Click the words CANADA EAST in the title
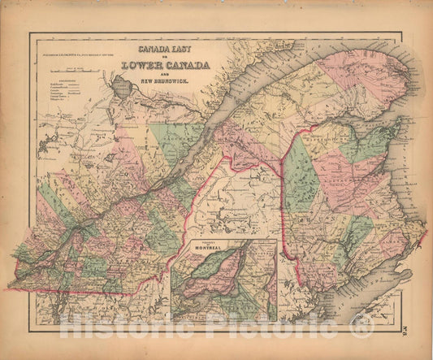click(167, 48)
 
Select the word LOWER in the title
click(145, 65)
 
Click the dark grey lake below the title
click(124, 85)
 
